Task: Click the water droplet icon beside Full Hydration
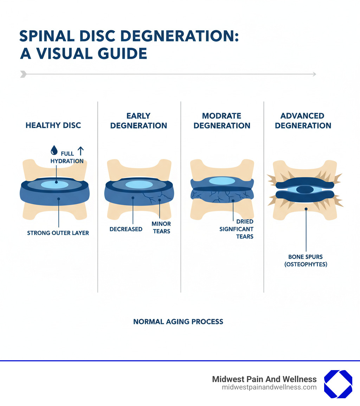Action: (x=53, y=151)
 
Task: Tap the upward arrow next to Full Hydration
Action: (x=80, y=151)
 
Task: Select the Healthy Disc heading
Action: (x=53, y=125)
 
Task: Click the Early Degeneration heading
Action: (x=139, y=121)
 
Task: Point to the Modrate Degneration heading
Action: (x=222, y=121)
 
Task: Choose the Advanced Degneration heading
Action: (x=303, y=121)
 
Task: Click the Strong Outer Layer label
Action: (x=58, y=233)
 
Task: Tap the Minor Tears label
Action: (x=161, y=228)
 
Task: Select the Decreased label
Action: (x=126, y=229)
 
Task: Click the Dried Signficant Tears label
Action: (x=236, y=229)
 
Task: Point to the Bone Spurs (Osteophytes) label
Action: (x=306, y=260)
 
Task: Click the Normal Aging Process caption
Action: (x=178, y=322)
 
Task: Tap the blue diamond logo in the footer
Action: (x=338, y=384)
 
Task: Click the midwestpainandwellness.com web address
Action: (x=269, y=387)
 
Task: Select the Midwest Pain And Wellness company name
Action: (x=264, y=379)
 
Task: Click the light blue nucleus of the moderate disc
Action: (x=222, y=181)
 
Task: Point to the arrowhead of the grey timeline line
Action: (x=314, y=74)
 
